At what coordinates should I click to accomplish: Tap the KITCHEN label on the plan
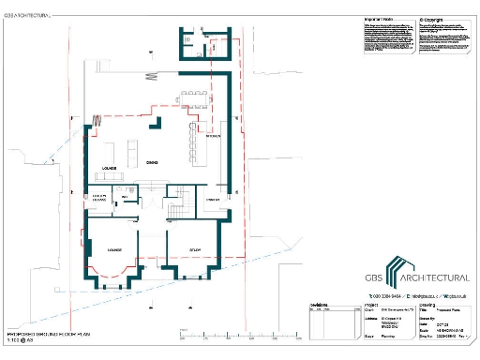tap(213, 137)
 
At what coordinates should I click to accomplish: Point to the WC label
tap(124, 198)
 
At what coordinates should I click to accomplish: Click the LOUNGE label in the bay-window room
tap(115, 250)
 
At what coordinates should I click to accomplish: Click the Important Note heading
tap(377, 19)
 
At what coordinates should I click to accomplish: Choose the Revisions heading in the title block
tap(321, 303)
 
